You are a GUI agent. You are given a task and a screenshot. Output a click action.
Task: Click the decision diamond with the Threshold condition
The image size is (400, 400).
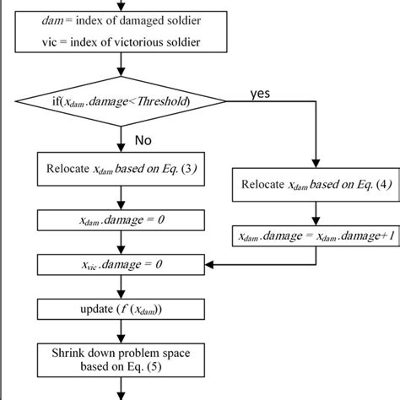[x=123, y=103]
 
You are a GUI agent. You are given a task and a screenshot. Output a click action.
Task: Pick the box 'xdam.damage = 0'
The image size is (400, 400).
[x=123, y=219]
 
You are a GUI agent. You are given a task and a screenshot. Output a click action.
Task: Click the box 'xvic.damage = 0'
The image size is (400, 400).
[x=123, y=264]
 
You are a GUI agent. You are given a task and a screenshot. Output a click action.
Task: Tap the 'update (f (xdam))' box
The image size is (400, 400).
[x=123, y=309]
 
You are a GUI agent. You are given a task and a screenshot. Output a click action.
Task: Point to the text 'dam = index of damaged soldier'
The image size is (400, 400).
[x=123, y=19]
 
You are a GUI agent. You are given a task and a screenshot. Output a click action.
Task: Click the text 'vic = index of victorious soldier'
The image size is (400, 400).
[x=123, y=42]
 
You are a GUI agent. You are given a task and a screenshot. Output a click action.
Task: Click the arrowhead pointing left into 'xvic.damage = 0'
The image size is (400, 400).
[x=213, y=264]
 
